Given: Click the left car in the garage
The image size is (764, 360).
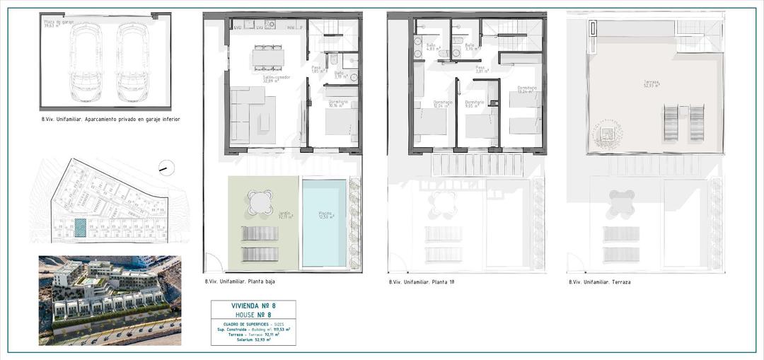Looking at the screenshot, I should pyautogui.click(x=86, y=62).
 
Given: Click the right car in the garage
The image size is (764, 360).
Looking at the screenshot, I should pyautogui.click(x=132, y=62).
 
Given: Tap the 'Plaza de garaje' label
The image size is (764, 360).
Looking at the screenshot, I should pyautogui.click(x=58, y=24).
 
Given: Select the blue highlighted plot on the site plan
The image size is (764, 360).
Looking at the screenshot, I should pyautogui.click(x=81, y=227).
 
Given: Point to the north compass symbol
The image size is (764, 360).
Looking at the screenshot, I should pyautogui.click(x=166, y=168).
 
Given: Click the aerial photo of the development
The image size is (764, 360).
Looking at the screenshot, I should pyautogui.click(x=110, y=300).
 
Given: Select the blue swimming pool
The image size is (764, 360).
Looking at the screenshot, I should pyautogui.click(x=324, y=223).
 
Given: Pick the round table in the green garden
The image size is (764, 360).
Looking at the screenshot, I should pyautogui.click(x=260, y=202).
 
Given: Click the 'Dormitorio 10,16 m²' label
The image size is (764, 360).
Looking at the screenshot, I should pyautogui.click(x=338, y=104).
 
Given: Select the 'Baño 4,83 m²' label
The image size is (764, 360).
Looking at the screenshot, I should pyautogui.click(x=431, y=47).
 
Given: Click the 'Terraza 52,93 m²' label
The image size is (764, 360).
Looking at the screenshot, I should pyautogui.click(x=651, y=83).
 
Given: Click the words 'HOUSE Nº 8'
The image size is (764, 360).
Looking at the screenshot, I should pyautogui.click(x=253, y=315).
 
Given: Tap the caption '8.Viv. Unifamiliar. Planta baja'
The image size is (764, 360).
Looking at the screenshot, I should pyautogui.click(x=240, y=281).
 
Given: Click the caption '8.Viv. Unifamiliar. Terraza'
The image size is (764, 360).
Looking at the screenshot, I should pyautogui.click(x=599, y=281).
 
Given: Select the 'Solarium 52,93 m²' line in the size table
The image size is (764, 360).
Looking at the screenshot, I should pyautogui.click(x=253, y=340).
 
